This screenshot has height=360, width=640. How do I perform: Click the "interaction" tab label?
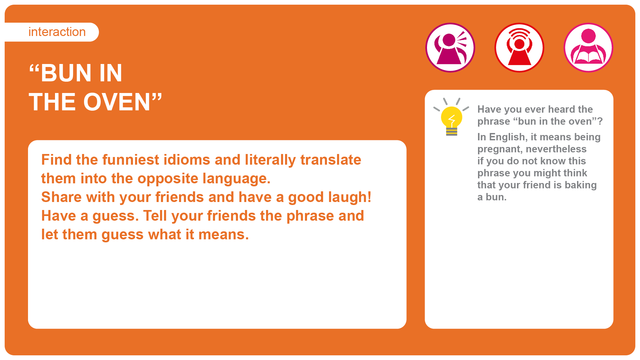click(x=57, y=32)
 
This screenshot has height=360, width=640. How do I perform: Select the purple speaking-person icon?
click(x=450, y=47)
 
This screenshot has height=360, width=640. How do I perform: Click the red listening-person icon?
click(x=519, y=47)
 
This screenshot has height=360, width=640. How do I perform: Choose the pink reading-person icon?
click(x=588, y=47)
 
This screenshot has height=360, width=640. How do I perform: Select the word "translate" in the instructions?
click(x=331, y=160)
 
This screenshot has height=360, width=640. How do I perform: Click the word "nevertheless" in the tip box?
click(x=556, y=149)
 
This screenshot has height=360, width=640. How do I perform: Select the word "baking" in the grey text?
click(x=580, y=185)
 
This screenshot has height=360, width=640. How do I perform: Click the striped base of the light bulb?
click(x=451, y=132)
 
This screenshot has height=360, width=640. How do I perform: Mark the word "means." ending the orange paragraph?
click(x=223, y=235)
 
